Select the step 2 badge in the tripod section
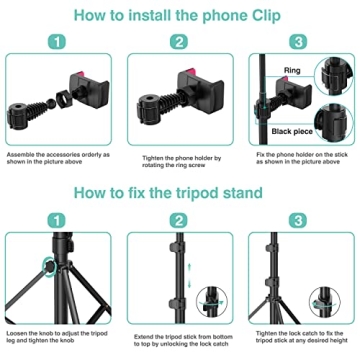pyautogui.click(x=179, y=221)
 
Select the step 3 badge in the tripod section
pyautogui.click(x=299, y=221)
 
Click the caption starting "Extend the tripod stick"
pyautogui.click(x=179, y=337)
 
